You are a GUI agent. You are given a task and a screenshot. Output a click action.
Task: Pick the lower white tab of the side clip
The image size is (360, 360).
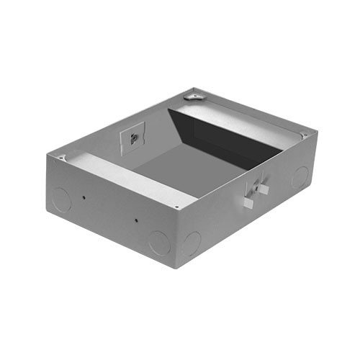tap(248, 203)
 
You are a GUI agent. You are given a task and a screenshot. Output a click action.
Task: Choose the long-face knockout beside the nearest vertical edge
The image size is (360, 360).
tap(159, 241)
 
